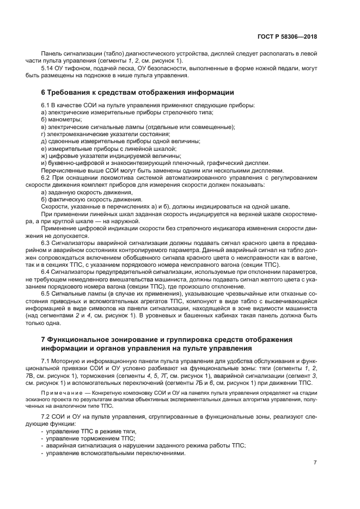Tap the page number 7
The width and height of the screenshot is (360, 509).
click(315, 463)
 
